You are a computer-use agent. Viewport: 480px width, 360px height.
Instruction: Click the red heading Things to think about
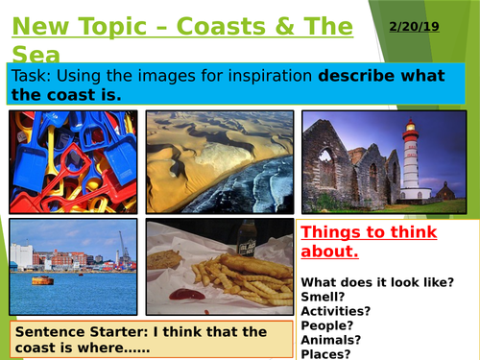(x=369, y=242)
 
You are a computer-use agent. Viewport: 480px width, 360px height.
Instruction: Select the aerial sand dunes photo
(x=218, y=160)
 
